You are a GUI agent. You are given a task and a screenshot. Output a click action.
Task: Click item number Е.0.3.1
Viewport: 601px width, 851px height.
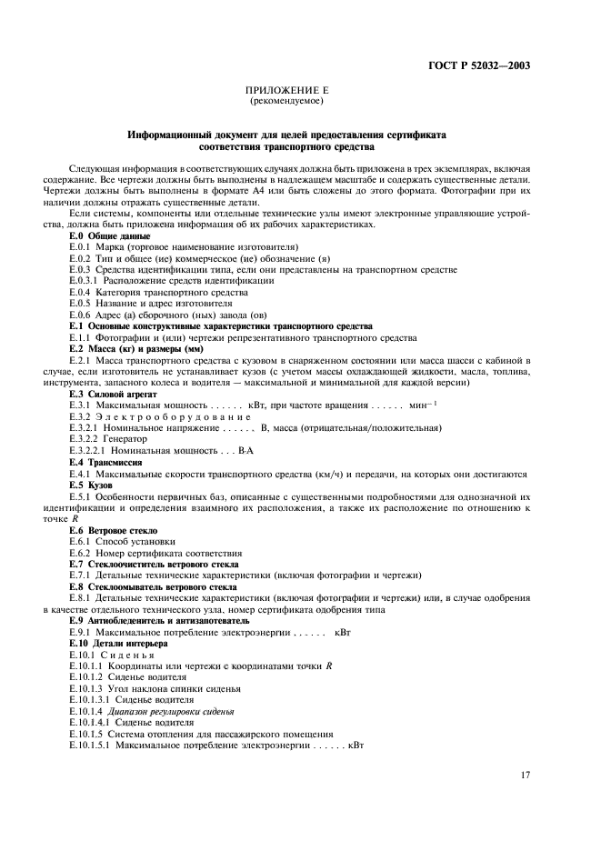(89, 281)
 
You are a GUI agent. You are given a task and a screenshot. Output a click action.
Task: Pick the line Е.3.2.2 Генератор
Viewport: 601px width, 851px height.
(108, 438)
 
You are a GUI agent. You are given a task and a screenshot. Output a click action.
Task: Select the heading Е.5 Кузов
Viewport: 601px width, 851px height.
(91, 485)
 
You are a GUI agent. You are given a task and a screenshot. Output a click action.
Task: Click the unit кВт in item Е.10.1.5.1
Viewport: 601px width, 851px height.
(354, 746)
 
